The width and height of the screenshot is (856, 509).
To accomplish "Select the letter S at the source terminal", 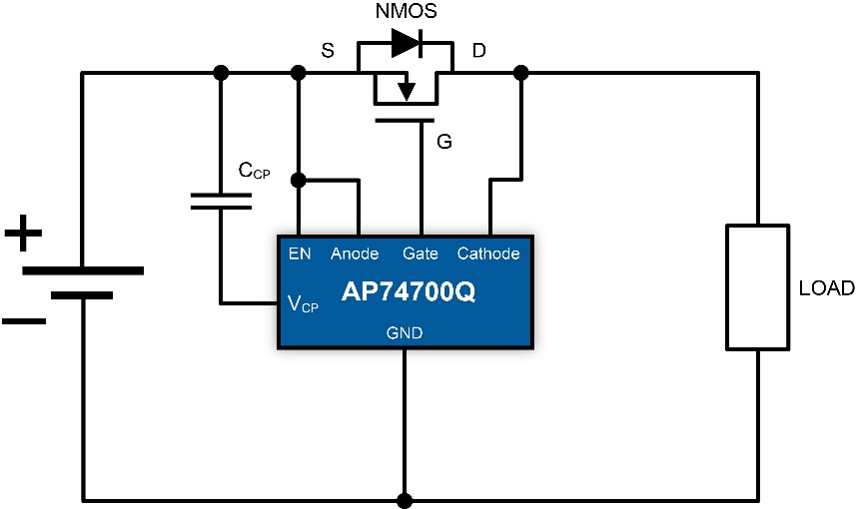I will tap(327, 51).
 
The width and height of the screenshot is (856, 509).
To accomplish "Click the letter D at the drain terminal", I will tap(478, 51).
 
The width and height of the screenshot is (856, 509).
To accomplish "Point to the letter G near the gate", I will tap(444, 143).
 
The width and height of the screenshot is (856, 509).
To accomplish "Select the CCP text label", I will tap(254, 171).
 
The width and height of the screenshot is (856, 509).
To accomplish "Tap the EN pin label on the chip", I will tap(300, 254).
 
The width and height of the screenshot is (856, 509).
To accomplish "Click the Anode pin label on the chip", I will tap(355, 254).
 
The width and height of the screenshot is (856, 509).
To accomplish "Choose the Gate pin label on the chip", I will tap(421, 254).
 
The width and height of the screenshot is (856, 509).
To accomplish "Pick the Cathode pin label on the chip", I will tap(488, 254).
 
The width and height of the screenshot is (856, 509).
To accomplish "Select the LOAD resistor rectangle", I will tap(757, 287).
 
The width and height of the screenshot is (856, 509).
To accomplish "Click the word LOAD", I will tap(826, 288).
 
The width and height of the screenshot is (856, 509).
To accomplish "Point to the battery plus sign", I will tap(23, 236).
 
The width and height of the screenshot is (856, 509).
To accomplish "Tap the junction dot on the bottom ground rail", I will tap(405, 500).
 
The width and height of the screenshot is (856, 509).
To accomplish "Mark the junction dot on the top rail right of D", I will tap(520, 73).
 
